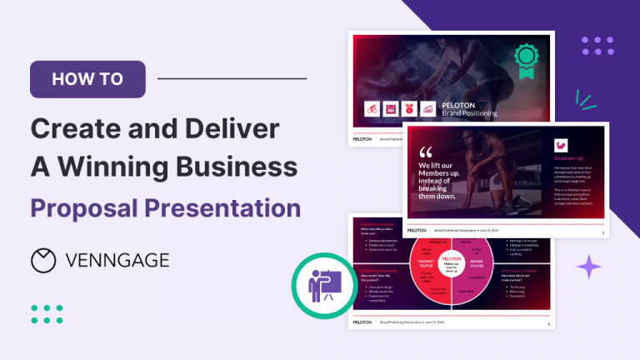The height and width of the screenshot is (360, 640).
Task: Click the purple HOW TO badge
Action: pos(87,80)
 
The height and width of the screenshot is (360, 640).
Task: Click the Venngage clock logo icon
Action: pos(44,260)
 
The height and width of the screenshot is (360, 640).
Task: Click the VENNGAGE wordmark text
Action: pos(117,260)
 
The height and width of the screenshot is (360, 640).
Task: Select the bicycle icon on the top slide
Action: pos(372,108)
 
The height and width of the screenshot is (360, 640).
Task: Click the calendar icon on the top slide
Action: pos(391,108)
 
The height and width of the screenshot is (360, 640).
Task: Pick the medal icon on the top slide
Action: pos(409,108)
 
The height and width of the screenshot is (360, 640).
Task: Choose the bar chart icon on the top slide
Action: pos(428,108)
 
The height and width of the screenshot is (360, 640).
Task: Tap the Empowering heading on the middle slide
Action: pos(568,157)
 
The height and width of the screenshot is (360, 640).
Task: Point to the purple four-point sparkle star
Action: pos(589,267)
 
